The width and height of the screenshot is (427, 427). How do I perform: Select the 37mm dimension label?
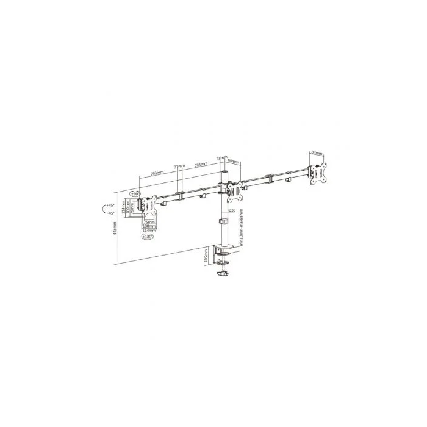coord(179,166)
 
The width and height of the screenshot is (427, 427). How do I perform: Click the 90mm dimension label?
coord(234,162)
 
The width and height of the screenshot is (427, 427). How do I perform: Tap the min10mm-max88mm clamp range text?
coord(242,226)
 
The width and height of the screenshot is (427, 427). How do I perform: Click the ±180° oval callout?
coord(148,237)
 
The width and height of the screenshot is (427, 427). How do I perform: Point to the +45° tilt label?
coord(110,205)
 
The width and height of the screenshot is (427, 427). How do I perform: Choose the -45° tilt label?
coord(110,213)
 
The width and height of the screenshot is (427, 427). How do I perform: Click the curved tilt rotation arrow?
coord(101,209)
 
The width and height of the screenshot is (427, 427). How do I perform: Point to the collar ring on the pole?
coord(224,221)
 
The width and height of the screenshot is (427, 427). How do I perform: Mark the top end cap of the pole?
coord(224,173)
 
